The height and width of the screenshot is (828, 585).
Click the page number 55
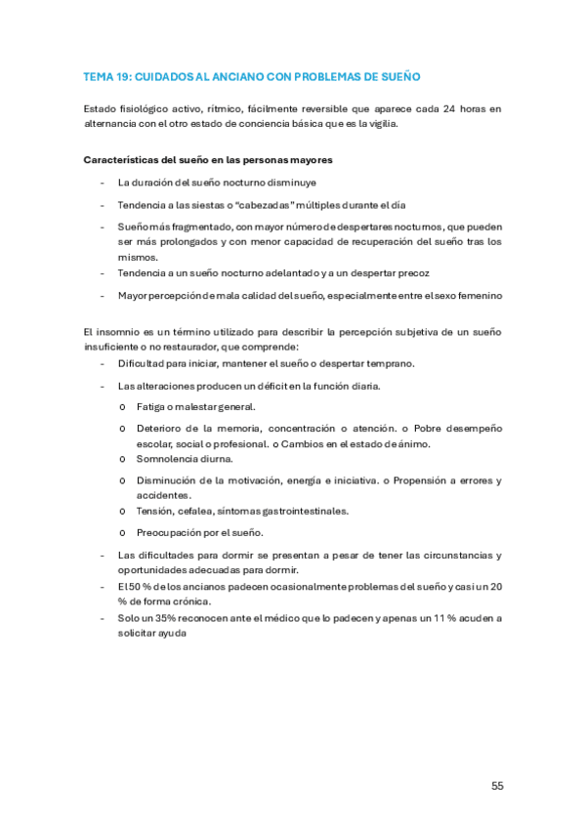pos(497,785)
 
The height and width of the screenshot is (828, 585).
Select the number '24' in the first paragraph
pos(448,108)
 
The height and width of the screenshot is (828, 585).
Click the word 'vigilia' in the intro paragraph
pos(382,123)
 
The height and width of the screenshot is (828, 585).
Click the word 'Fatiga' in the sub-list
pos(151,406)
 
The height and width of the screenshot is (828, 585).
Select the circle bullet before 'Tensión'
pos(122,511)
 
